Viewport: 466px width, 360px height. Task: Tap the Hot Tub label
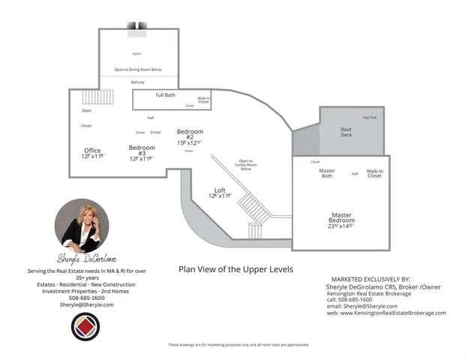tap(370, 118)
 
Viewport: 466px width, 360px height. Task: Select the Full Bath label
tap(166, 95)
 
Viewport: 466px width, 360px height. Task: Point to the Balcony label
tap(138, 82)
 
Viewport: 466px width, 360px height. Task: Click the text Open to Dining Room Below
tap(137, 70)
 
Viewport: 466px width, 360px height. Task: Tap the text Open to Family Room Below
tap(245, 165)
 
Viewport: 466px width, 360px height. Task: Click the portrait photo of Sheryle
tap(82, 225)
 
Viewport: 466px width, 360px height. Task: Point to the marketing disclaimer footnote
tap(238, 345)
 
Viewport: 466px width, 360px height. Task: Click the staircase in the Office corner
tap(103, 97)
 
